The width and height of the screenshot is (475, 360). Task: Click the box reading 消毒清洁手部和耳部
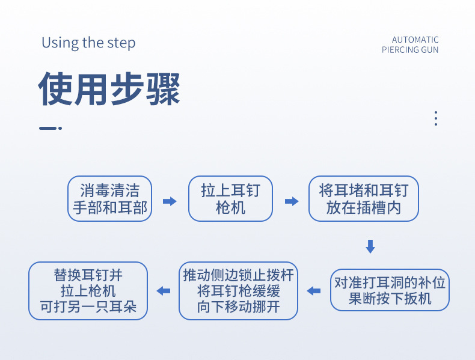pos(109,199)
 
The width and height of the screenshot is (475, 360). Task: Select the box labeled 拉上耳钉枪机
pos(231,199)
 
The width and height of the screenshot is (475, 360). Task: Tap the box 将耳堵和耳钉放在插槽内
pos(363,199)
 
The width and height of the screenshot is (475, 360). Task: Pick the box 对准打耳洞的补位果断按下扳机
pos(390,290)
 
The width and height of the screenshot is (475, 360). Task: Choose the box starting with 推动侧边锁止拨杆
pos(239,291)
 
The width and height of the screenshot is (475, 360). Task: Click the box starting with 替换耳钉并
pos(88,291)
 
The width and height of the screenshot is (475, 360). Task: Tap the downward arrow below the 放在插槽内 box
pos(370,246)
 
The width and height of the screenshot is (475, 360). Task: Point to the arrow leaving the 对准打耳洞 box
pos(314,291)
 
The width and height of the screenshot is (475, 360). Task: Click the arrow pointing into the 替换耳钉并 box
pos(163,291)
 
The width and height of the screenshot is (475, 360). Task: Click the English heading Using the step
pos(88,43)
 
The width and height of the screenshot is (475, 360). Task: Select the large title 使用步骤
pos(109,90)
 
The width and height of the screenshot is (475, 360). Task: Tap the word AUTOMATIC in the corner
pos(415,40)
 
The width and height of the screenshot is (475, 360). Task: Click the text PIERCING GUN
pos(410,50)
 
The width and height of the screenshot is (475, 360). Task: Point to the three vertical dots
pos(436,118)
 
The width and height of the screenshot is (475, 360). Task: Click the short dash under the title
pos(49,128)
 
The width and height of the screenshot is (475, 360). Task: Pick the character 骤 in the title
pos(163,90)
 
